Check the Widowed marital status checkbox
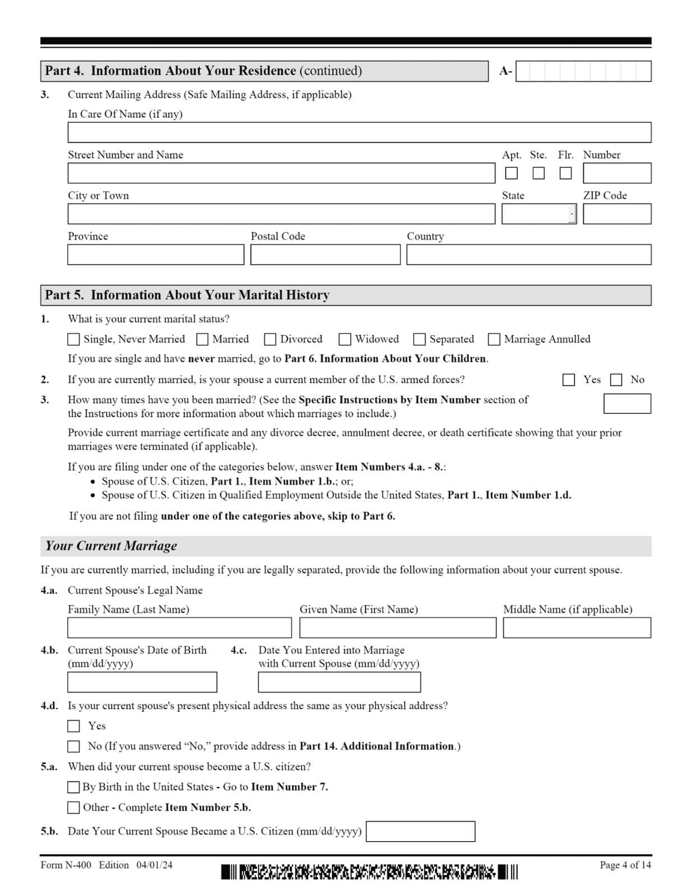point(345,339)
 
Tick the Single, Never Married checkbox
point(73,339)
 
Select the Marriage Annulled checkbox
point(494,339)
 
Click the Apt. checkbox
point(511,173)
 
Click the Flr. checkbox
point(565,173)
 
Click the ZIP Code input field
point(616,214)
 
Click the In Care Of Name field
point(359,133)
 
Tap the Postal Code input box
point(325,255)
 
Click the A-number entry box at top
point(583,71)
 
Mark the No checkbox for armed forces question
point(616,380)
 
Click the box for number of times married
point(626,404)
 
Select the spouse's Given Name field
point(398,628)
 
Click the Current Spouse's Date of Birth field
point(142,682)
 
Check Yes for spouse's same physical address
point(73,726)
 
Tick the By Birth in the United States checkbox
point(73,787)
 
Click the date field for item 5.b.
point(420,832)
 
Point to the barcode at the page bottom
point(369,872)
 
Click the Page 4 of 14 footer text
point(625,865)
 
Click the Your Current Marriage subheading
point(111,546)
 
